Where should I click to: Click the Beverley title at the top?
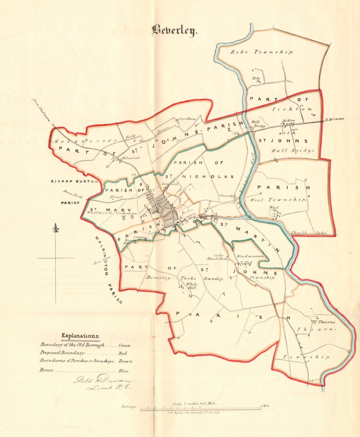click(174, 31)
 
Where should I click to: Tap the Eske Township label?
click(262, 52)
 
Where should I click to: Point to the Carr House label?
click(185, 119)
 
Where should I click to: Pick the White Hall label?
click(192, 286)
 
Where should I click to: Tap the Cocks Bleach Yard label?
click(221, 257)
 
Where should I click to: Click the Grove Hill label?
click(227, 196)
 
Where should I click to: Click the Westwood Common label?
click(112, 213)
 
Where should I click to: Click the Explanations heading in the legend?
click(81, 335)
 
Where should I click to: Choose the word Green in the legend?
click(124, 346)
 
